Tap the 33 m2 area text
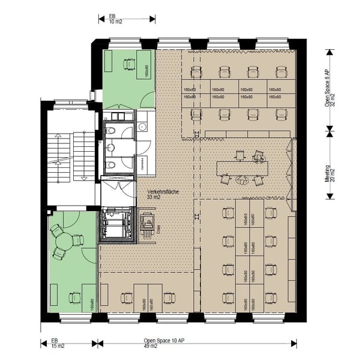[x=154, y=197]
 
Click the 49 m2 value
[x=150, y=346]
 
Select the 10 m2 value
[x=115, y=21]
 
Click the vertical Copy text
[x=158, y=228]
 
